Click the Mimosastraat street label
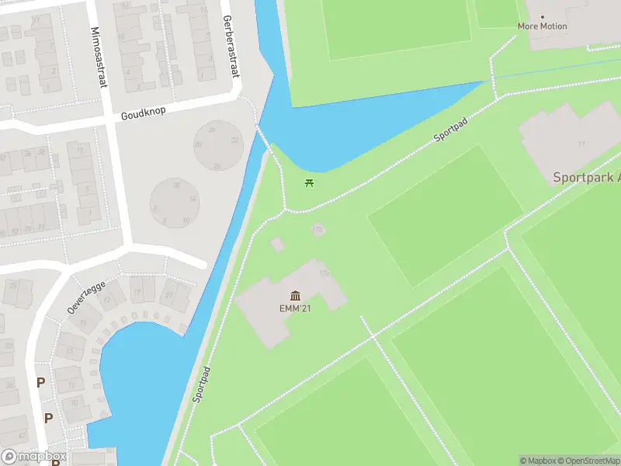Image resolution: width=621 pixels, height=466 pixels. tap(99, 50)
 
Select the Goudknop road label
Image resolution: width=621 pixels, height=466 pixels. tap(143, 113)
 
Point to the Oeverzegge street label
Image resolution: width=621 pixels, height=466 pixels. tap(85, 296)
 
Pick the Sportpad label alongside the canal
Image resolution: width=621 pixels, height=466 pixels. tap(200, 384)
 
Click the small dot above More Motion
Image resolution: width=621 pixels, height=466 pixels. tap(542, 16)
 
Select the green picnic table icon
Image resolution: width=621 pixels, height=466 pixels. tap(310, 183)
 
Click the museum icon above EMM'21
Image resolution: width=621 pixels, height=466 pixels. tap(295, 295)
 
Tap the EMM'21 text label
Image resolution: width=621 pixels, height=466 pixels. tap(295, 308)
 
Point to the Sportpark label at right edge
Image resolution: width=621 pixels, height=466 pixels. tap(586, 178)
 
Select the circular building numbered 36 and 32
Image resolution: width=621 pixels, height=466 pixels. tap(217, 145)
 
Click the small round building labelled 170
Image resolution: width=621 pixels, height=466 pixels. tap(317, 230)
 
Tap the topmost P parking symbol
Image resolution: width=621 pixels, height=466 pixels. tap(40, 382)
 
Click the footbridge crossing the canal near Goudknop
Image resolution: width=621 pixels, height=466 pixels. tap(264, 140)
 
